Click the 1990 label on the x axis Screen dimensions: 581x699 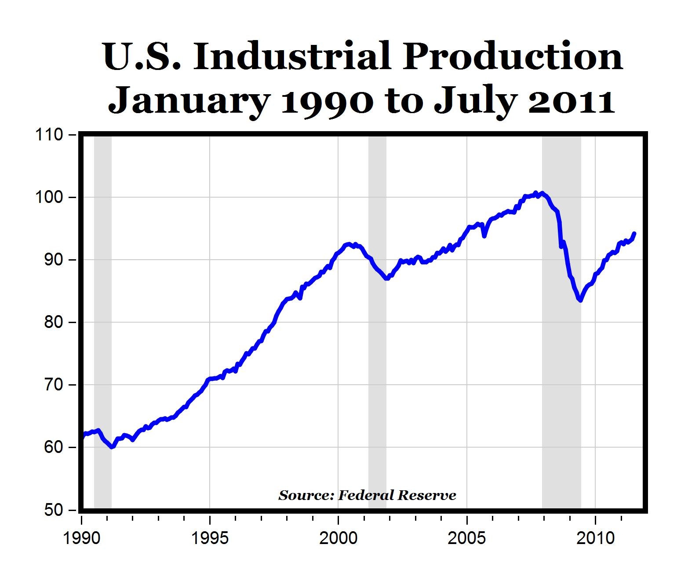pyautogui.click(x=82, y=538)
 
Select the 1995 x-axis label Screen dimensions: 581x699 pyautogui.click(x=210, y=538)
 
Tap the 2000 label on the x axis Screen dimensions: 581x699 pyautogui.click(x=338, y=538)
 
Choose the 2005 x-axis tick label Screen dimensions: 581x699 pyautogui.click(x=466, y=538)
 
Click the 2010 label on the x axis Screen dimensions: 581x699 pyautogui.click(x=595, y=538)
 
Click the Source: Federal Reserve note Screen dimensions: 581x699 pyautogui.click(x=367, y=496)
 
